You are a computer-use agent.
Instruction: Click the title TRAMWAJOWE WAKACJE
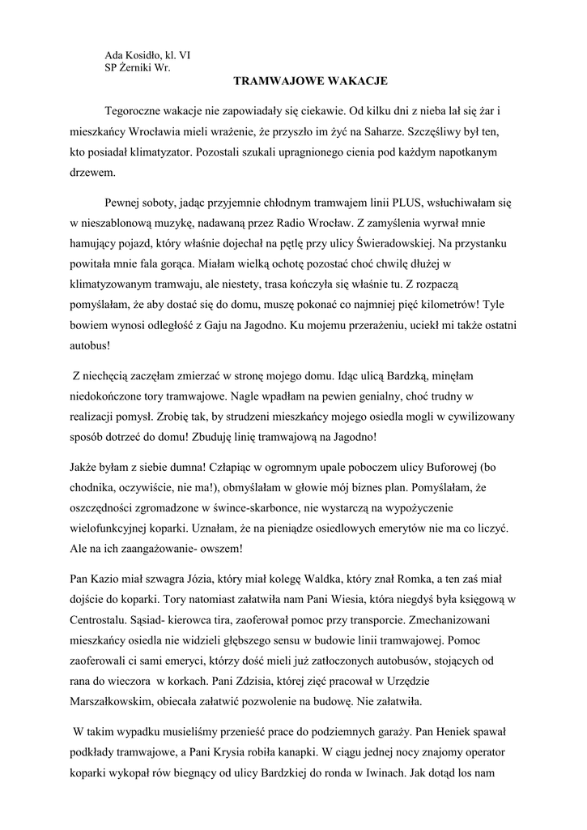[311, 81]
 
